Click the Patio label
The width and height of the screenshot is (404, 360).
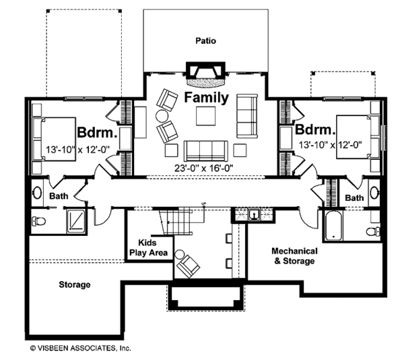(206, 40)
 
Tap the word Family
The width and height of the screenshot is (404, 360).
(207, 98)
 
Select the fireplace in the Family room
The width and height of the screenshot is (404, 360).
(206, 73)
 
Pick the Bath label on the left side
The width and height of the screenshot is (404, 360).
(58, 196)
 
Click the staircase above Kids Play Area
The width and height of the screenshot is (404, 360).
(173, 222)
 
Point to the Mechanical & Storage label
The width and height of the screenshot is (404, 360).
(293, 256)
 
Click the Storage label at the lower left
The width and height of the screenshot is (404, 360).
(74, 284)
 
